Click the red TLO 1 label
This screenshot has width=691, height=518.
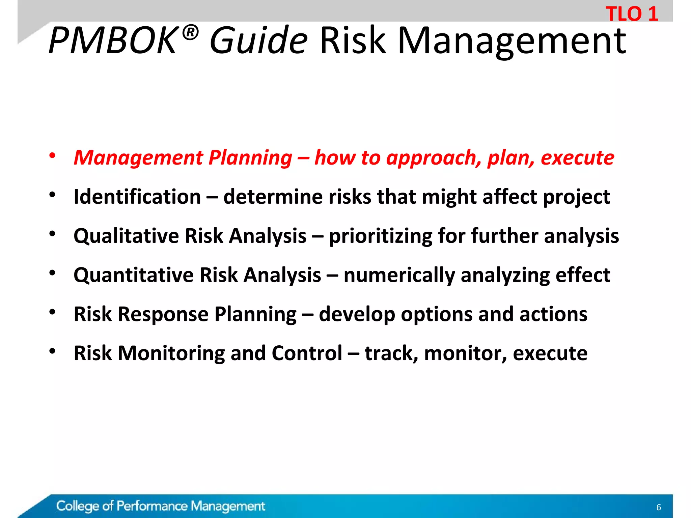coord(632,14)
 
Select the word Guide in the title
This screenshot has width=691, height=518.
coord(258,41)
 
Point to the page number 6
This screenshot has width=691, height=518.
coord(658,507)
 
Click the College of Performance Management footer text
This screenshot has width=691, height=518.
coord(161,506)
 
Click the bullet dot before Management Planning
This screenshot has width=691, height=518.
coord(52,156)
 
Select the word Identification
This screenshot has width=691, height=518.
coord(137,197)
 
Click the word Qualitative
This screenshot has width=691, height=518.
coord(126,236)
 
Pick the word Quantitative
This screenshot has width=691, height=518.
coord(133,275)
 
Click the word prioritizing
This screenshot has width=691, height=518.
coord(381,236)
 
